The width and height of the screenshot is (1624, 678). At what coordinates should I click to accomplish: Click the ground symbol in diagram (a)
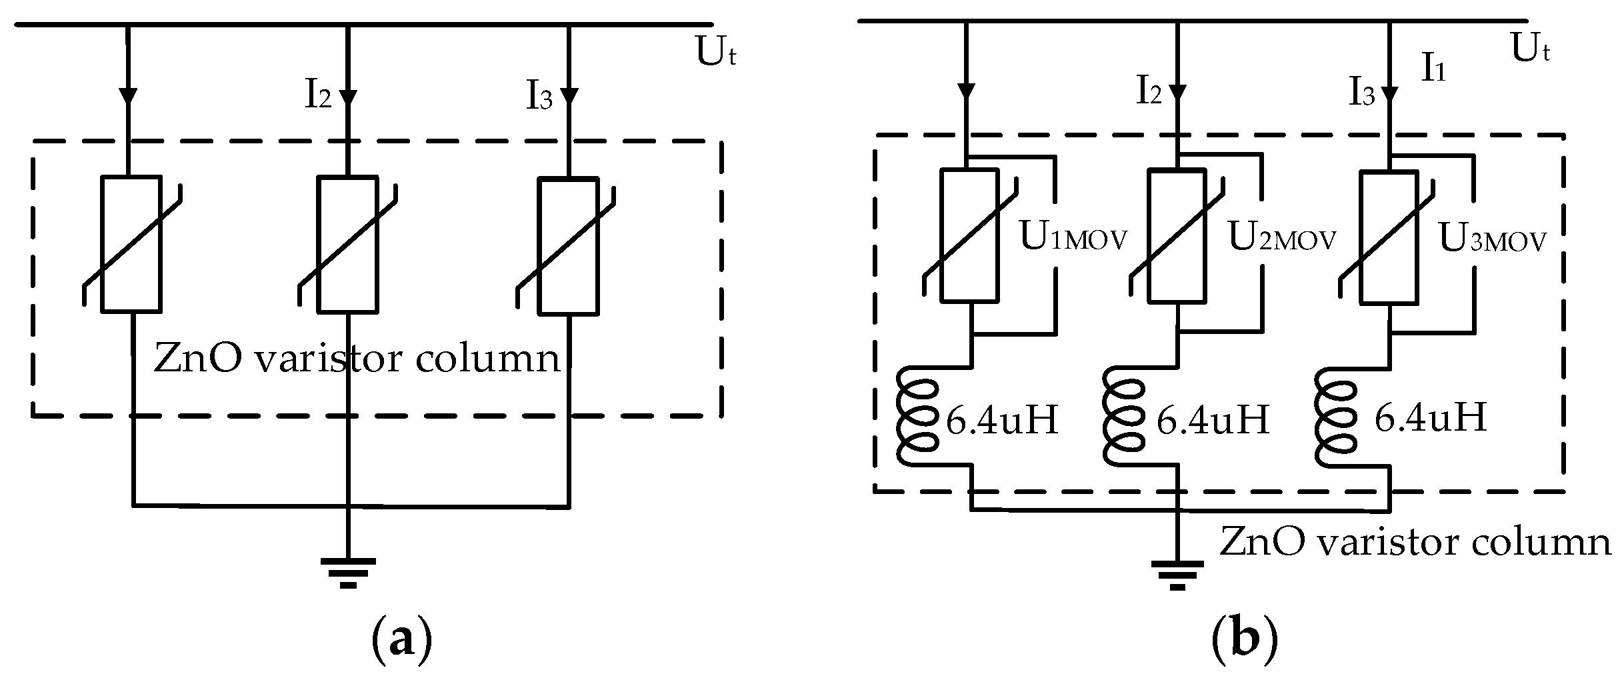tap(347, 571)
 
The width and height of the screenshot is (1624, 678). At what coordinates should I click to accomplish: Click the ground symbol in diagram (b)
tap(1177, 574)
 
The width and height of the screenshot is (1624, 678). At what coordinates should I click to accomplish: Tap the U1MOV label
tap(1073, 239)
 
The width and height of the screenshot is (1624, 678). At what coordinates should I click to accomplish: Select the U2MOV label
tap(1282, 239)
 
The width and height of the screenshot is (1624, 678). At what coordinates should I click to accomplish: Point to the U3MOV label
tap(1492, 239)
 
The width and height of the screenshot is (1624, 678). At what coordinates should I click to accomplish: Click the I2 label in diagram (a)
tap(318, 96)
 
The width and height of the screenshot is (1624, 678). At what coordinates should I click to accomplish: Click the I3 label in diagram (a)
tap(539, 98)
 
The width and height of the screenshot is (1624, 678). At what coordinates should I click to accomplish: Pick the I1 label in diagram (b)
tap(1434, 69)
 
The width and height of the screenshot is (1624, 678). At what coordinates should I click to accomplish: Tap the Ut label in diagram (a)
tap(716, 53)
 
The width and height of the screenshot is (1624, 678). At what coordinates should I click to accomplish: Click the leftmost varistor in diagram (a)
tap(131, 244)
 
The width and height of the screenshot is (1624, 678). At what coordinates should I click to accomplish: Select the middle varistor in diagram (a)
tap(347, 244)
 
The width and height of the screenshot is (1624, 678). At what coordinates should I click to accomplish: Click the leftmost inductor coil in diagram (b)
tap(920, 417)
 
